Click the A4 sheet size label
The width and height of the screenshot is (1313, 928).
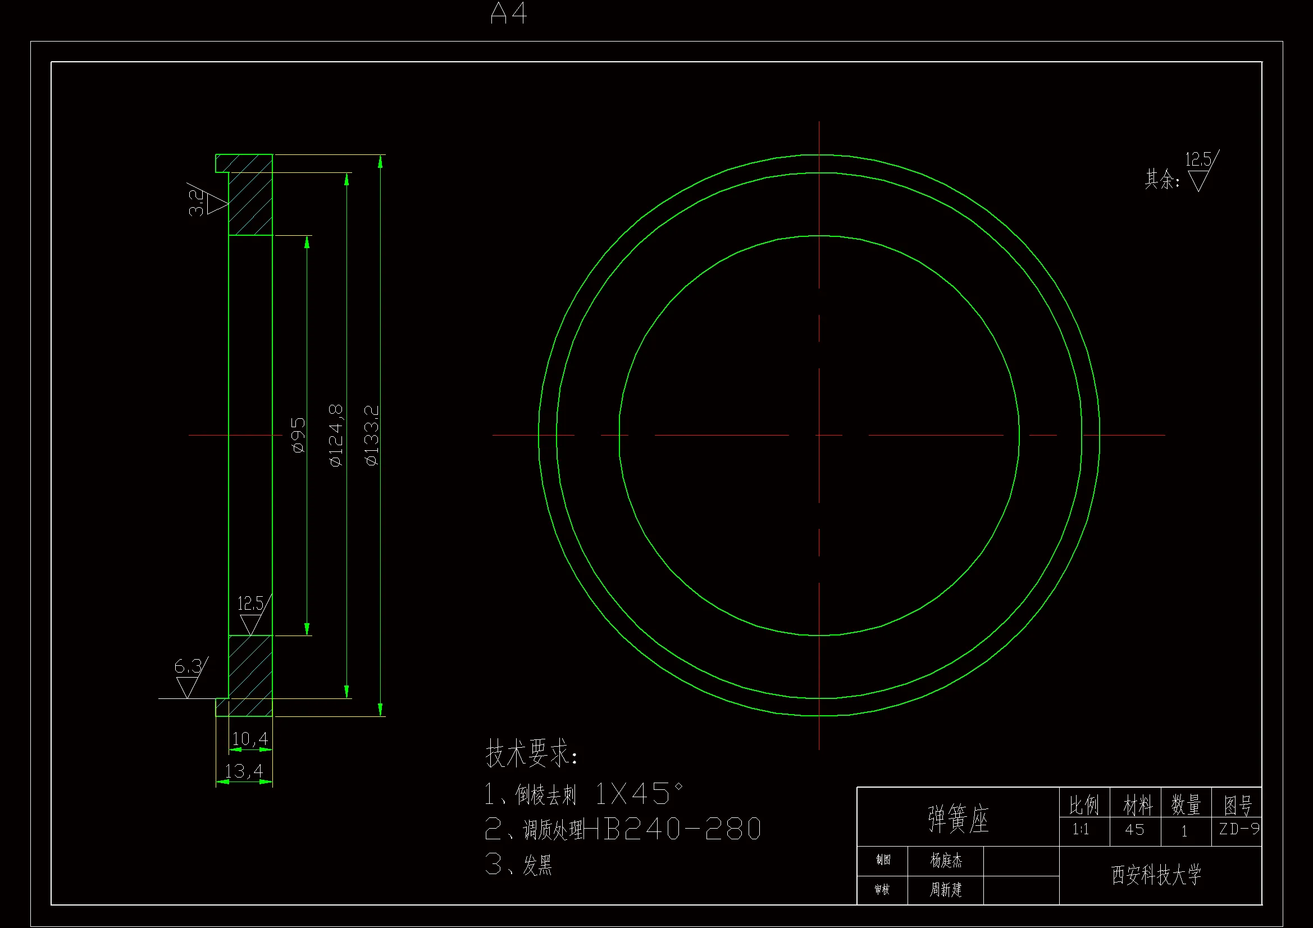pos(508,13)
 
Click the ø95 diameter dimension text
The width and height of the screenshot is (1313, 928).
pos(299,435)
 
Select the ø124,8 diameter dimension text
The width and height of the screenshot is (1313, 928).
pos(336,435)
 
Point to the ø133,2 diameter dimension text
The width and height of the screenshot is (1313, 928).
pos(372,435)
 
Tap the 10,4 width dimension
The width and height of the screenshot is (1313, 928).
pos(250,739)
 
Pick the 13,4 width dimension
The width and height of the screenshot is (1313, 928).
pos(244,771)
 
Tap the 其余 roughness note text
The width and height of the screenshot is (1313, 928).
pos(1161,179)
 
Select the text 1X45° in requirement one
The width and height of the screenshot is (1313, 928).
pos(639,794)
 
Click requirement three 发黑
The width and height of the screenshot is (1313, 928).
pos(537,865)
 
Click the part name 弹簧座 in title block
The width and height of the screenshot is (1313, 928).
pos(959,819)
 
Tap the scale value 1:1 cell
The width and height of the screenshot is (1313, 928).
pos(1081,829)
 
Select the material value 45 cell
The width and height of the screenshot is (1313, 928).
pos(1134,829)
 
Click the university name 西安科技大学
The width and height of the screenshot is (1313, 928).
pos(1156,875)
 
